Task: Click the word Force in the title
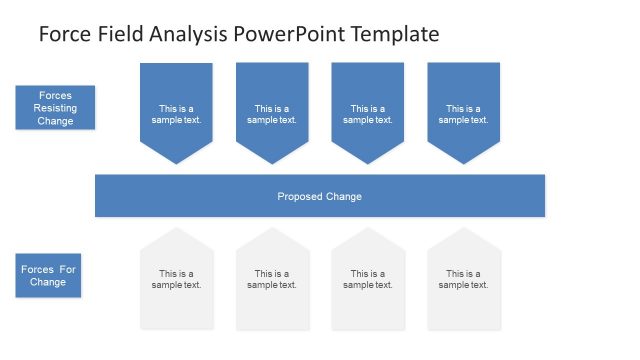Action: point(64,34)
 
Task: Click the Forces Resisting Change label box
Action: point(56,108)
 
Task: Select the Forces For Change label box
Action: point(48,275)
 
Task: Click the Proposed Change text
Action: point(319,196)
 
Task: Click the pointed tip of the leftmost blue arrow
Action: point(176,161)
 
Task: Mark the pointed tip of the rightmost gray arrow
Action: point(463,230)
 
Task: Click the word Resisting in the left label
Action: point(56,108)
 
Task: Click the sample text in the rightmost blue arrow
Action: point(463,114)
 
